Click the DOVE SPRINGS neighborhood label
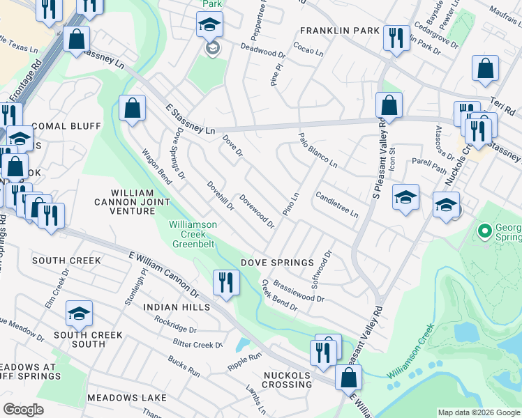point(277,263)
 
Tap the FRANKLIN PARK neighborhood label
point(340,31)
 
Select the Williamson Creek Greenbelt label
point(193,234)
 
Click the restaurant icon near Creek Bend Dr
point(225,282)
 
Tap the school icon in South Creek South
point(80,313)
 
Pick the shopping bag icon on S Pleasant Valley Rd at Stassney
point(389,105)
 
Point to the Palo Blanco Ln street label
point(318,150)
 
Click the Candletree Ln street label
point(336,204)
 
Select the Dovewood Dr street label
point(257,211)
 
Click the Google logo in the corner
point(24,410)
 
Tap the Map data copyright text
point(478,412)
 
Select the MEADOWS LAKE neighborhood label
point(123,397)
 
